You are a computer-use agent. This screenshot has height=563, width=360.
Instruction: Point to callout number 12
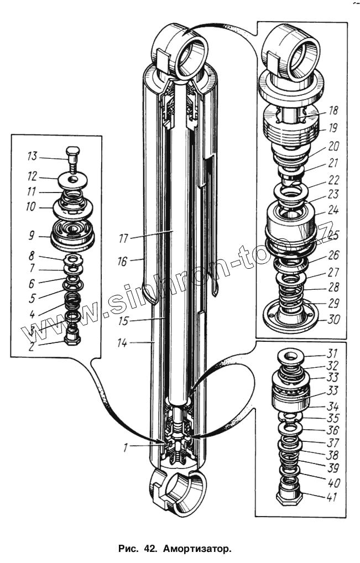[32, 178]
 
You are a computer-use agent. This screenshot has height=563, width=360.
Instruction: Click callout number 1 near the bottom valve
[126, 447]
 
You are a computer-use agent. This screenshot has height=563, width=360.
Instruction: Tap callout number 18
[333, 111]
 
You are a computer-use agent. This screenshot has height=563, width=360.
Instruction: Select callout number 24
[333, 210]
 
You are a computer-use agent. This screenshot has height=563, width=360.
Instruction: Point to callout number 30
[335, 320]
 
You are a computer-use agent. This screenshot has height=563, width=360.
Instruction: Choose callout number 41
[332, 497]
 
